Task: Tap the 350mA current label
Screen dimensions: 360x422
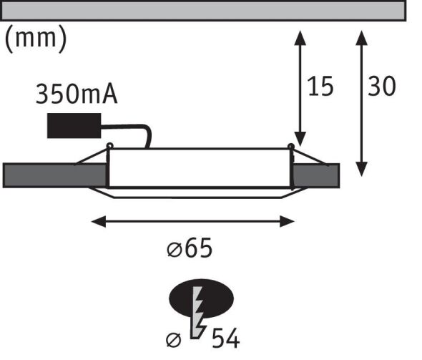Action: [76, 95]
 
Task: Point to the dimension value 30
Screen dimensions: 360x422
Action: [382, 87]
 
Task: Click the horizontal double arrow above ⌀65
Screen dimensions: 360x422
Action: [193, 222]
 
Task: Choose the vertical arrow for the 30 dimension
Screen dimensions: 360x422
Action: [362, 100]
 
